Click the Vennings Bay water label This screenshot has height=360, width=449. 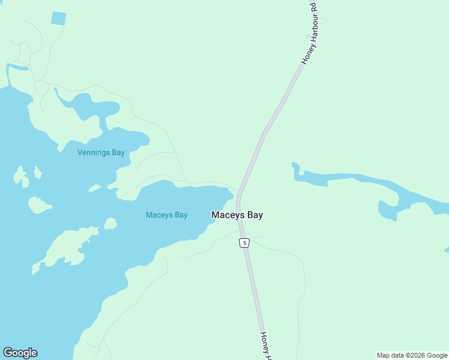pos(101,152)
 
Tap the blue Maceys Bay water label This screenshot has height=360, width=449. pos(167,215)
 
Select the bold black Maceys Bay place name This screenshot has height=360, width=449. pos(237,215)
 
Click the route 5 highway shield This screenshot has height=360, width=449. pos(244,242)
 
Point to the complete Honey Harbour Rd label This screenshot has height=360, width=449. pos(309,33)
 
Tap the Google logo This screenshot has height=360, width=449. pos(20,353)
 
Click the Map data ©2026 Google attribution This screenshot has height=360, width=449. pos(412,355)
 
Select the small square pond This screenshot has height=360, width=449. pos(58,18)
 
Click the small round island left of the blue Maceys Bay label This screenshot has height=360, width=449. pos(110,224)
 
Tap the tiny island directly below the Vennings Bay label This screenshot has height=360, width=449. pos(94,188)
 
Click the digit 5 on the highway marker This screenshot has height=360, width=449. pos(244,242)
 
